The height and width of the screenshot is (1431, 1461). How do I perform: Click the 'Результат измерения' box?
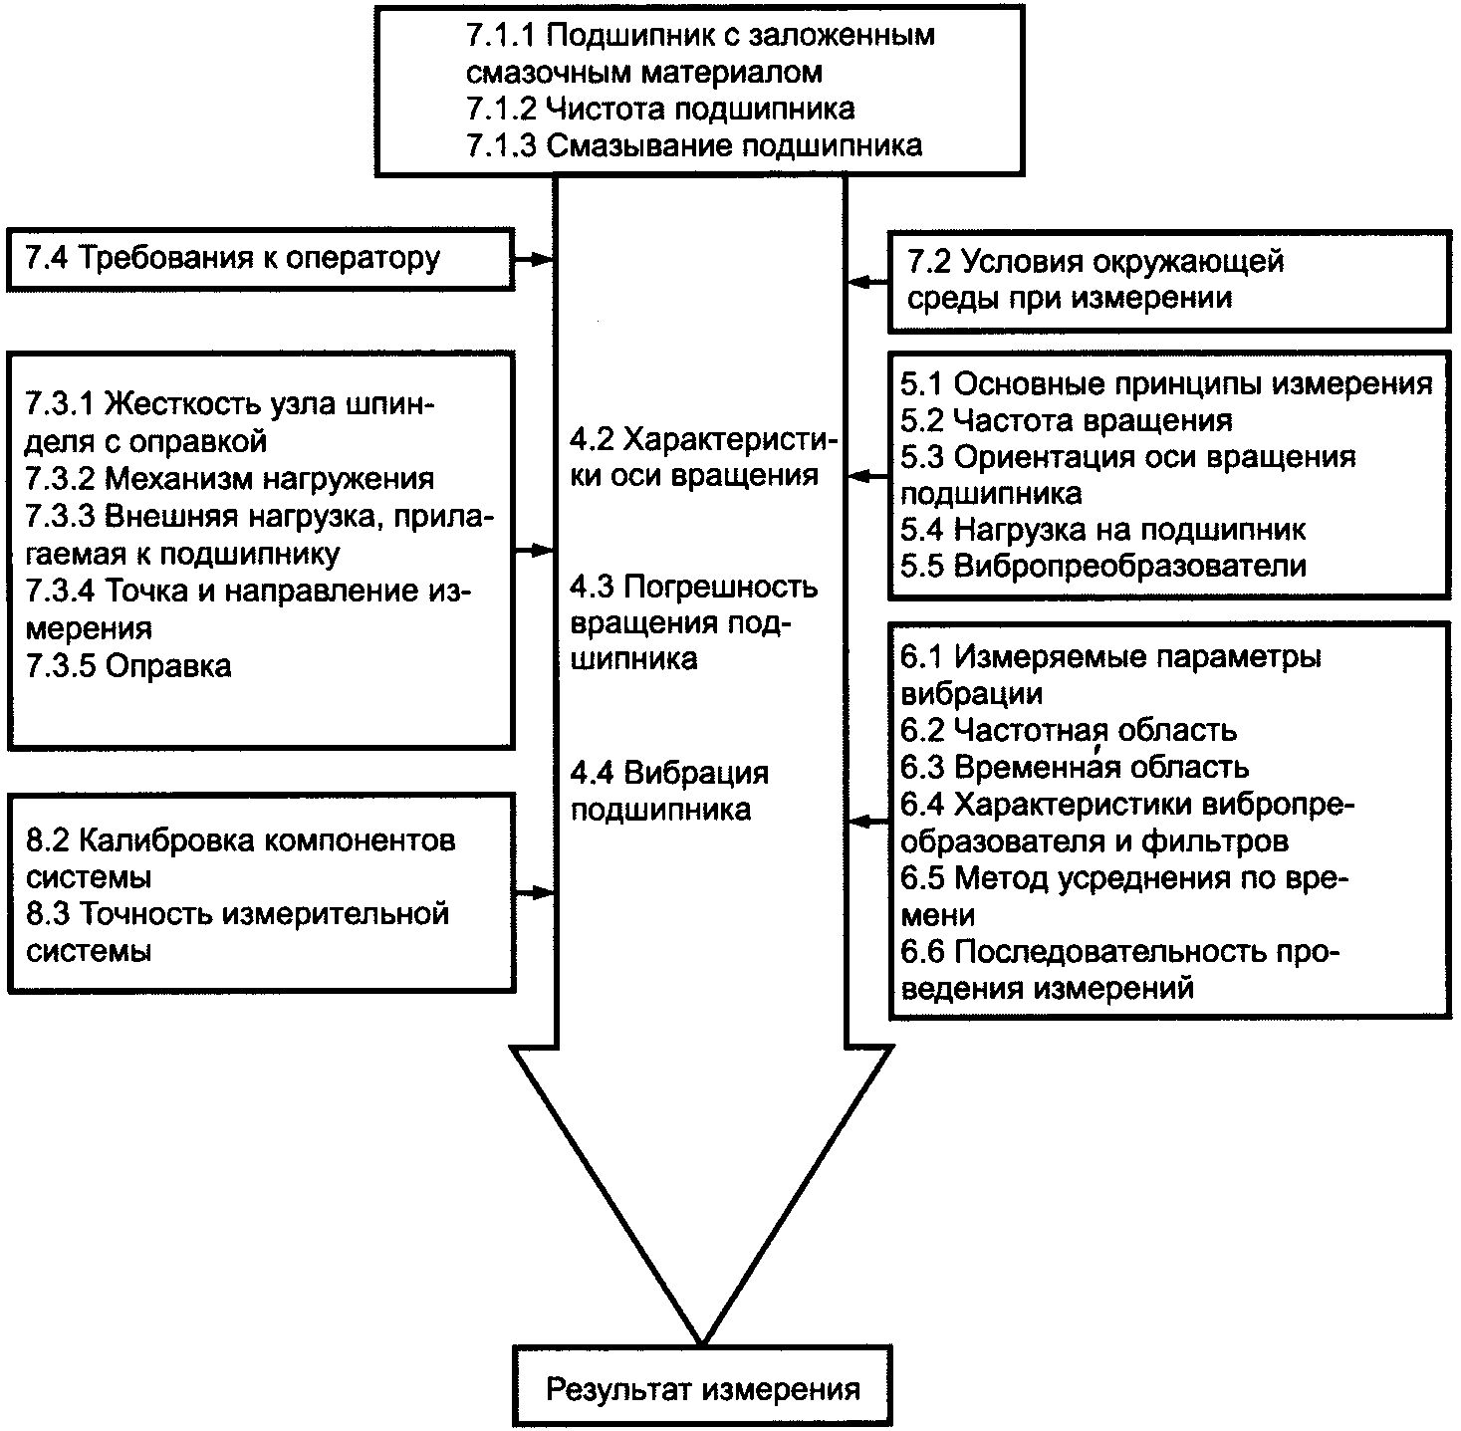(x=702, y=1385)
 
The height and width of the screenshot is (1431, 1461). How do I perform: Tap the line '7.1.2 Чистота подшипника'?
(x=660, y=109)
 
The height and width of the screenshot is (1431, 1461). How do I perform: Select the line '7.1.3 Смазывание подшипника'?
(x=694, y=144)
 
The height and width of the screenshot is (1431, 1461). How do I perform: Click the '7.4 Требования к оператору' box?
(x=260, y=259)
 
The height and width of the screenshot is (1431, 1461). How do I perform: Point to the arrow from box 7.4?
(x=535, y=259)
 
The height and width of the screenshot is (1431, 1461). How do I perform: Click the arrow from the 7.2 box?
(x=867, y=282)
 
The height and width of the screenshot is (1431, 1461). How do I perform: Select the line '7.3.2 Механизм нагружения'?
(x=230, y=479)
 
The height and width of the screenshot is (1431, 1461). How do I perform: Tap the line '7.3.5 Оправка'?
(x=128, y=666)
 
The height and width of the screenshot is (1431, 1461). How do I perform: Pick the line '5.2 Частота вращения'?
(x=1066, y=420)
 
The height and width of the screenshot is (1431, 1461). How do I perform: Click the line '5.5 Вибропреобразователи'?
(x=1103, y=566)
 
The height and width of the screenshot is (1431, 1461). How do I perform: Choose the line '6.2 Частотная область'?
(x=1069, y=730)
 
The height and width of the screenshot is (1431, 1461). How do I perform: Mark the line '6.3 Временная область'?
(x=1075, y=767)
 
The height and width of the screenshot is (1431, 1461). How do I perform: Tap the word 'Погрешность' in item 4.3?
(x=720, y=587)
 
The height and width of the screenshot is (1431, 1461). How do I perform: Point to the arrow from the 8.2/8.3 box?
(x=535, y=892)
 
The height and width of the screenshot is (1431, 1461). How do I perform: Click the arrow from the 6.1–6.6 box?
(x=867, y=822)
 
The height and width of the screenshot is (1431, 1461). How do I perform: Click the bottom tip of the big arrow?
(x=702, y=1343)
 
